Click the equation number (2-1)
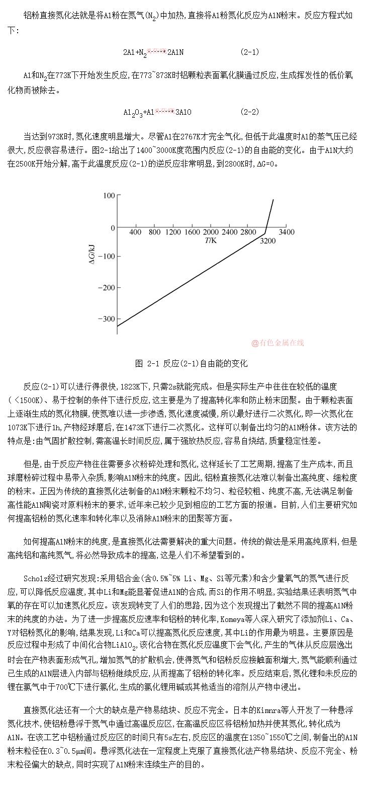(x=250, y=52)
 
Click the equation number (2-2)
(x=250, y=111)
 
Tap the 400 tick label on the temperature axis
(x=135, y=232)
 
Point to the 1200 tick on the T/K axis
(x=173, y=232)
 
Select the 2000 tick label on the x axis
(x=211, y=232)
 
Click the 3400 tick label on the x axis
(x=287, y=232)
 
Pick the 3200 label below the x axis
(x=268, y=241)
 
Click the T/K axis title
(x=211, y=241)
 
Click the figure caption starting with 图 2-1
(x=191, y=363)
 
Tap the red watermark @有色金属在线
(x=278, y=343)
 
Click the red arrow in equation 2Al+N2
(x=156, y=51)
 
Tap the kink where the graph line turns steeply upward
(x=265, y=233)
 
